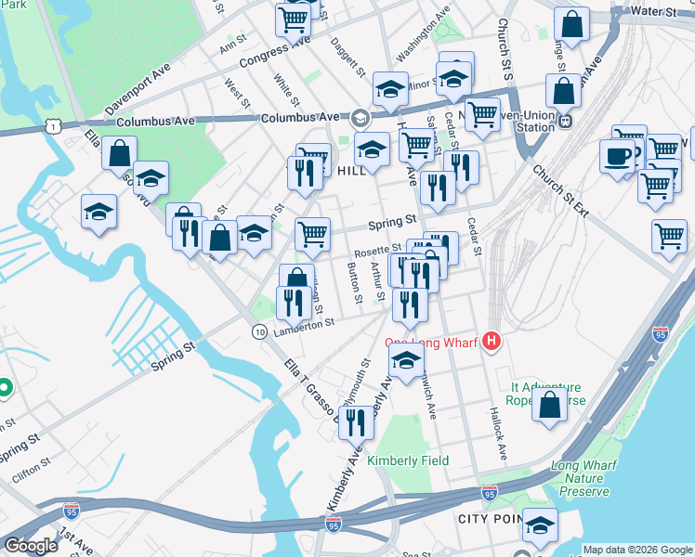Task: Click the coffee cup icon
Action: click(x=618, y=155)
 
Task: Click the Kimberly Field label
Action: click(x=408, y=460)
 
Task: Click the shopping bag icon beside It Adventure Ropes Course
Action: click(x=550, y=404)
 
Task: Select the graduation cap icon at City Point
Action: click(x=540, y=525)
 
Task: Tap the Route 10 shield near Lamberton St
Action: click(x=261, y=331)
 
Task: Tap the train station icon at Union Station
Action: click(x=564, y=120)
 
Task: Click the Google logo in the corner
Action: click(x=31, y=546)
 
